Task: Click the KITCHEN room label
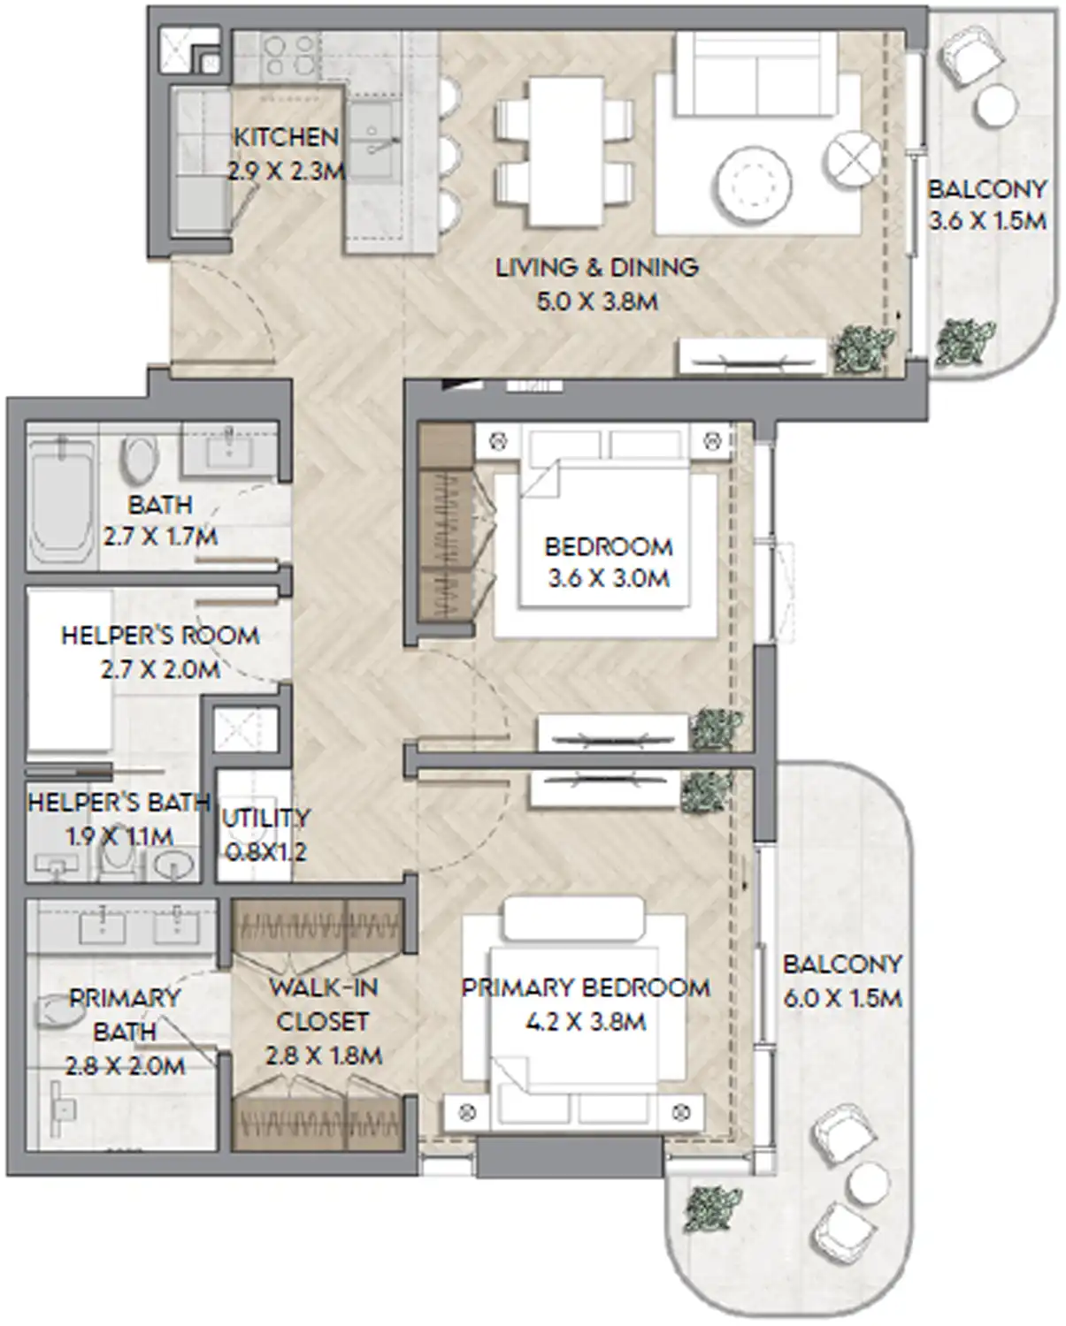pyautogui.click(x=286, y=137)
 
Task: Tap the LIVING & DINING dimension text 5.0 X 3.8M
pyautogui.click(x=597, y=301)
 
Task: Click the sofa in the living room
pyautogui.click(x=756, y=75)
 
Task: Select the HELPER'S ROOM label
pyautogui.click(x=160, y=636)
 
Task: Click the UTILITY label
pyautogui.click(x=265, y=819)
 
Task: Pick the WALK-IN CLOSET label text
pyautogui.click(x=322, y=1004)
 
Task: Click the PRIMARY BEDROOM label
pyautogui.click(x=586, y=987)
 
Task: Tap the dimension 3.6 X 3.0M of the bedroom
pyautogui.click(x=608, y=579)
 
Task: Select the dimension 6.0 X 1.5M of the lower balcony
pyautogui.click(x=842, y=998)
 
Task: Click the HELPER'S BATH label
pyautogui.click(x=118, y=803)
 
